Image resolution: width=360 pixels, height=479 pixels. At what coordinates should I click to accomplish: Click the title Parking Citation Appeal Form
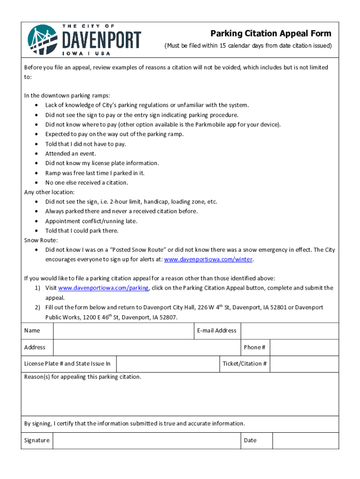pos(271,33)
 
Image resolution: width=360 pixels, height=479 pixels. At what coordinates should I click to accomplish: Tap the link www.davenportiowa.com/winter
pos(209,260)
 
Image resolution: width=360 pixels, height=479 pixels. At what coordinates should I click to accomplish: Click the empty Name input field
pos(123,331)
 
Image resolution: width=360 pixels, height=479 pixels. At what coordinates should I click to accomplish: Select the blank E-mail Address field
pos(289,331)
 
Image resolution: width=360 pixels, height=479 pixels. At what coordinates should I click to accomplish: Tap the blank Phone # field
pos(304,348)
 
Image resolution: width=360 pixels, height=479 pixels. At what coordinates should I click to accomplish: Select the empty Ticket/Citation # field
pos(304,364)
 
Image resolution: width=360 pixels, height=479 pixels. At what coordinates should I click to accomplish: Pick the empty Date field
pos(305,440)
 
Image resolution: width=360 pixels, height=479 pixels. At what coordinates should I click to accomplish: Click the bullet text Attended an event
pos(71,153)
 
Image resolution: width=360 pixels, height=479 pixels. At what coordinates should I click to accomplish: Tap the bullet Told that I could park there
pos(82,231)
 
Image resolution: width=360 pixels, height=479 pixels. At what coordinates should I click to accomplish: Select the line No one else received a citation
pos(86,182)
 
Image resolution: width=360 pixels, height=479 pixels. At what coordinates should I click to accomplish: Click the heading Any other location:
pos(50,192)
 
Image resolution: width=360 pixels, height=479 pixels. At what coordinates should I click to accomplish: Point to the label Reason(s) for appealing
pos(82,377)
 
